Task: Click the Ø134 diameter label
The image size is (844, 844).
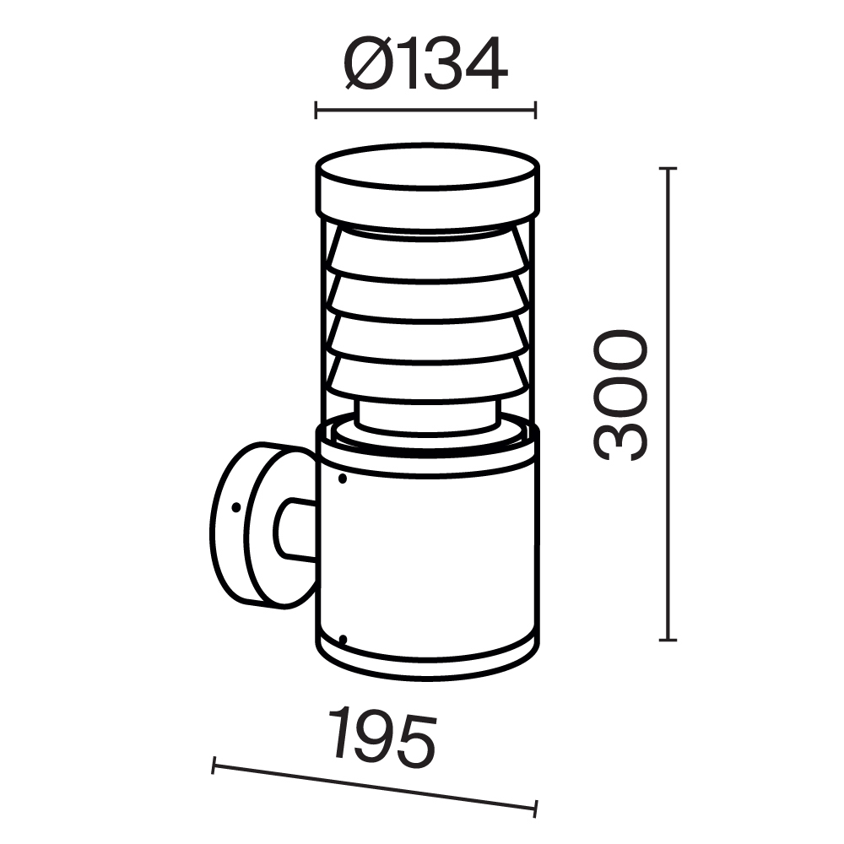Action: (x=426, y=64)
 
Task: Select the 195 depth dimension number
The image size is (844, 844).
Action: (x=382, y=739)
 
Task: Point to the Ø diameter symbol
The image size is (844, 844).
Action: (x=365, y=64)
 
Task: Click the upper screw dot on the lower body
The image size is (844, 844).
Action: (x=342, y=479)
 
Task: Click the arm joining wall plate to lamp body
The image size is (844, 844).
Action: (x=295, y=529)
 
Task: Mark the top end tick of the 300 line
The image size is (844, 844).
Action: (x=668, y=170)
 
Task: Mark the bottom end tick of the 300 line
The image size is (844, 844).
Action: (x=668, y=641)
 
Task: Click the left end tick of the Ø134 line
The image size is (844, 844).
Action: (x=316, y=110)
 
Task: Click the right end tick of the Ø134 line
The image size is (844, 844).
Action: (x=536, y=110)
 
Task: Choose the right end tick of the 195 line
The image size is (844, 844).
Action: (x=536, y=807)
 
